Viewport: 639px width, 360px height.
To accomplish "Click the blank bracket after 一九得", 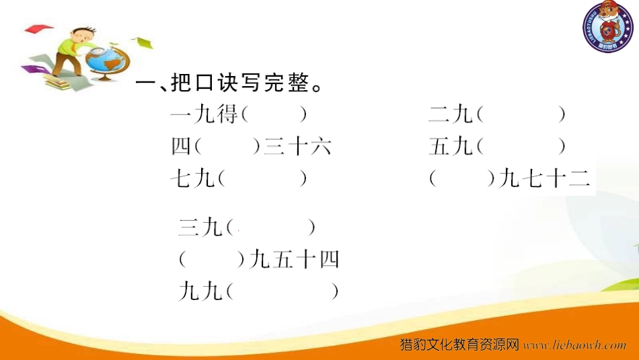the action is pos(274,114).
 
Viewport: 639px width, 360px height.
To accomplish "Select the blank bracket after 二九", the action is pos(521,114).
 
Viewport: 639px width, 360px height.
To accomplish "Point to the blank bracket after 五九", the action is pos(521,147).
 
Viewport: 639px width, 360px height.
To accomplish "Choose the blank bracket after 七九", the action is pos(262,178).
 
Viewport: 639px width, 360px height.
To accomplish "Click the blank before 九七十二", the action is pos(462,178).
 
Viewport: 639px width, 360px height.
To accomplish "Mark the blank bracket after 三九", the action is pos(270,227).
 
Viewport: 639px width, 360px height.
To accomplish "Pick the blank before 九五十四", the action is pos(212,260).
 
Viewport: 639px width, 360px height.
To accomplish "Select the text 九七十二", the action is pos(544,178).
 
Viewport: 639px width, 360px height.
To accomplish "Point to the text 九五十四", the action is pos(294,260).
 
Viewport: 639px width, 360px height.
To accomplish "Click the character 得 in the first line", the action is pos(227,114).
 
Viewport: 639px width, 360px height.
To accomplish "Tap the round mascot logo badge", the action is pos(607,27).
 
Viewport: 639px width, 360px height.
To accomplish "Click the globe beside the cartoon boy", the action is pos(107,63).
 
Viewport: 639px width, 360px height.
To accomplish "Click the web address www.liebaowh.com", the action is pos(574,345).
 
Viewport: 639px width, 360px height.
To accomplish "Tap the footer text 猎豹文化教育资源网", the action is pos(459,345).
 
